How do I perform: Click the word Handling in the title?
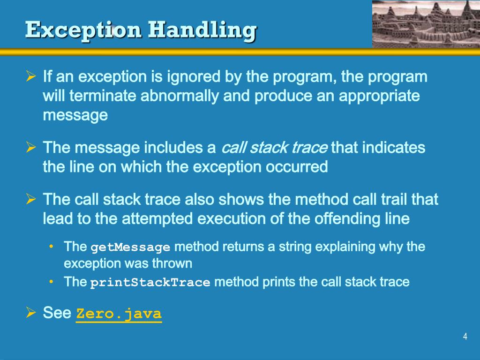coord(202,30)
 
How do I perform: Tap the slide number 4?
coord(465,336)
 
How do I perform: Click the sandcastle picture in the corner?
coord(426,23)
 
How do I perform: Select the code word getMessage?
coord(130,247)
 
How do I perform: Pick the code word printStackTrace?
coord(150,283)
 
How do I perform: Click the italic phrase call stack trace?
coord(274,148)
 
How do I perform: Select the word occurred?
coord(300,167)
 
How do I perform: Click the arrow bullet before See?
coord(31,312)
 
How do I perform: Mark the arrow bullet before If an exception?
coord(31,75)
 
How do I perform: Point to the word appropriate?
coord(379,96)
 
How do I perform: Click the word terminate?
coord(103,96)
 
